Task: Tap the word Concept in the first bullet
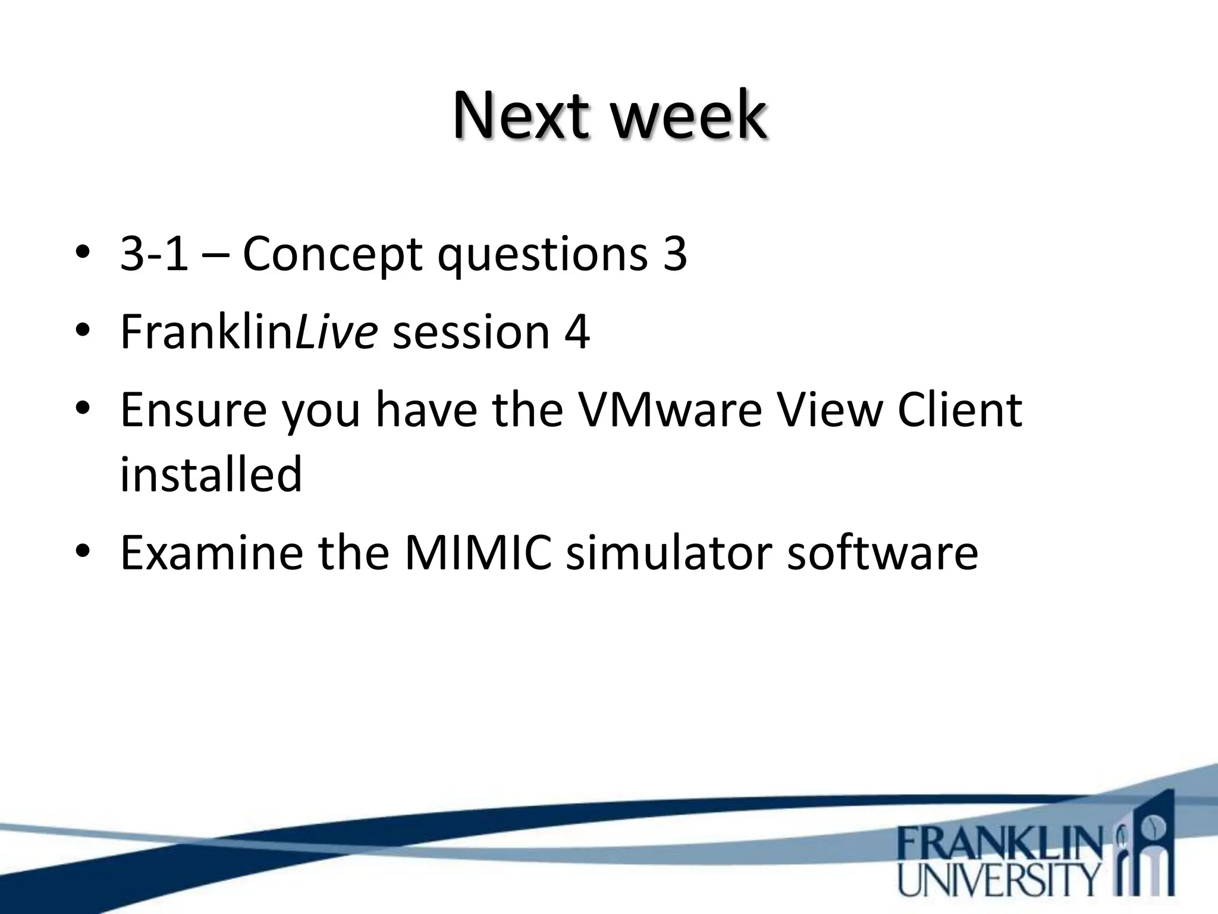point(332,255)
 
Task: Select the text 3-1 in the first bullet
point(154,253)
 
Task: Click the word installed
point(211,474)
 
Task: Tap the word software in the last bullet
point(883,552)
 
